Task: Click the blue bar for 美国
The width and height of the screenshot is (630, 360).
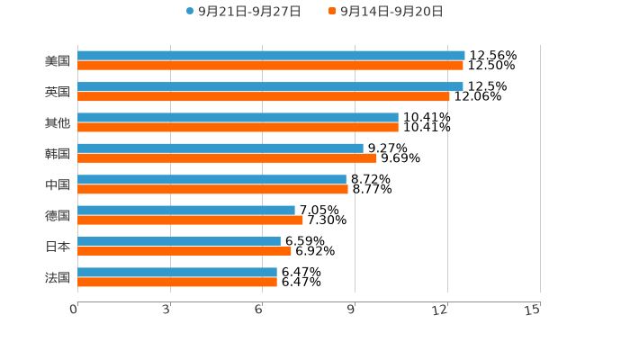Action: coord(271,56)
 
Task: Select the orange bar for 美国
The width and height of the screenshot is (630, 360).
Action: coord(270,66)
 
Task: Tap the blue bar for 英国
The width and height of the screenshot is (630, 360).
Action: coord(270,86)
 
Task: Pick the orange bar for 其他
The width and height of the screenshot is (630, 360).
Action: coord(238,127)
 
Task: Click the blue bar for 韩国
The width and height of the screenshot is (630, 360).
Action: coord(220,148)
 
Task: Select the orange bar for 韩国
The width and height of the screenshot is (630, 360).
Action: coord(227,158)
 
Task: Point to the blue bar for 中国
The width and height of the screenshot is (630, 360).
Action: coord(211,179)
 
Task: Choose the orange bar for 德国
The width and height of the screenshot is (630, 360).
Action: coord(190,220)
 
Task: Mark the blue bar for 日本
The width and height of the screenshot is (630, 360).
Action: coord(179,241)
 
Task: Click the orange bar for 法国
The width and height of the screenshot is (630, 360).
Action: coord(177,282)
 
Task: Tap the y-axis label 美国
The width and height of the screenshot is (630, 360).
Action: coord(58,61)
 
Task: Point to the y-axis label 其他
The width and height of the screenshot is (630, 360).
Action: coord(58,122)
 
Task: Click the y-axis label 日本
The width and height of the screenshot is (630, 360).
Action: coord(58,247)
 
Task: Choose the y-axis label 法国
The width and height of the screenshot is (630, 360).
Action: coord(58,277)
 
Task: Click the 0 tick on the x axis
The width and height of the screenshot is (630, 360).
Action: coord(75,310)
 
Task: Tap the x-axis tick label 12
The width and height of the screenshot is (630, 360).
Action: coord(441,310)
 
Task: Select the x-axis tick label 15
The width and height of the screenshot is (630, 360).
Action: coord(533,310)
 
